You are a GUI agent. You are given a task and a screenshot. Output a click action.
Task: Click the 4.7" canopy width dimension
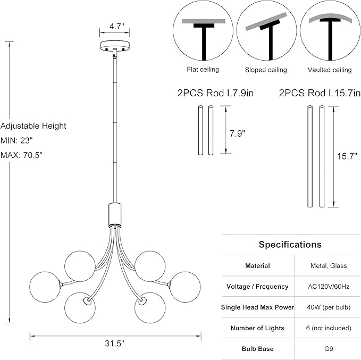(117, 27)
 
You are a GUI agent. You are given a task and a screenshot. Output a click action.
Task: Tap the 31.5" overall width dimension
(114, 344)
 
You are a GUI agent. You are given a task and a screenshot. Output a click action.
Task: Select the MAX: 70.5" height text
(21, 155)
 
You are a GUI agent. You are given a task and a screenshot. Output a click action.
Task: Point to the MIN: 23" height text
(16, 140)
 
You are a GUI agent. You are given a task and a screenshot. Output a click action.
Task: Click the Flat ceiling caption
(203, 69)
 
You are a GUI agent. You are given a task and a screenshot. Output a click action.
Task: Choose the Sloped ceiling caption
(266, 70)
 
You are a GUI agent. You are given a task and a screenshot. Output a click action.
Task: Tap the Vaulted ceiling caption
(330, 70)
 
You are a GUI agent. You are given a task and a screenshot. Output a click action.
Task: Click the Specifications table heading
(290, 245)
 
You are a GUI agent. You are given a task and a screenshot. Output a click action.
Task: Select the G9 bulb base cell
(329, 348)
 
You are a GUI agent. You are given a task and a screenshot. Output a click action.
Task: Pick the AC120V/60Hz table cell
(329, 286)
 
